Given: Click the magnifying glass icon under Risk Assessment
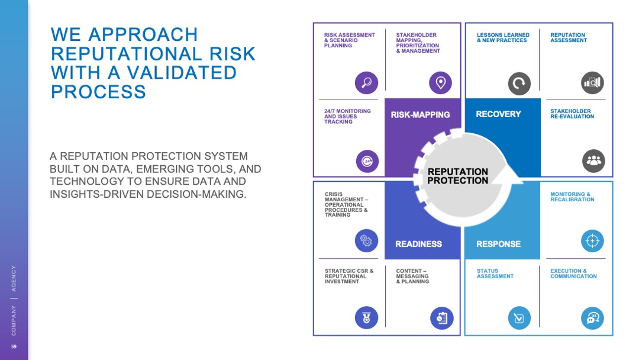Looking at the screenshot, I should (x=366, y=83).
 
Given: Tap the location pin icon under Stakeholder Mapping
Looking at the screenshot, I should (x=440, y=83).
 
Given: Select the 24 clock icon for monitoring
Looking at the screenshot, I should (x=367, y=161).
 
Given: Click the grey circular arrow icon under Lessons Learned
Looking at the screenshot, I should (x=519, y=83).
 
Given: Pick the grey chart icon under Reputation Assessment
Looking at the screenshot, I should (x=592, y=83).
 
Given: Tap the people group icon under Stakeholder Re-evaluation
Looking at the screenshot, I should (x=593, y=161).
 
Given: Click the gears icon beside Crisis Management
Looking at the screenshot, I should (x=366, y=240).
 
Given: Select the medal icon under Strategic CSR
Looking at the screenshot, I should (x=366, y=318).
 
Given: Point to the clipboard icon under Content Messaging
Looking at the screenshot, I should (x=441, y=318).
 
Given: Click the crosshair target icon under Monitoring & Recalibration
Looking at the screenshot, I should (x=593, y=241).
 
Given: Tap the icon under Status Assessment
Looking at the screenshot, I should (x=519, y=319).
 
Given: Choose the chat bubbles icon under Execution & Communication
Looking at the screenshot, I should (x=592, y=319).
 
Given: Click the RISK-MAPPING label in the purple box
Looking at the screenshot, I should (x=420, y=115).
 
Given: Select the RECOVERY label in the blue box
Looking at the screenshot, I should (x=498, y=114).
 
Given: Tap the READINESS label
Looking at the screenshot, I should (x=418, y=244).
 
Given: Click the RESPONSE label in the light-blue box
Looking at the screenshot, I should (x=498, y=244).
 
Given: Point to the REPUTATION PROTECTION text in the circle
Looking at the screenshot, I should (x=457, y=176).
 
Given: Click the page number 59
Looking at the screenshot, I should (x=14, y=346).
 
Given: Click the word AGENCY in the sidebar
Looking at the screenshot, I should (x=14, y=278).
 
